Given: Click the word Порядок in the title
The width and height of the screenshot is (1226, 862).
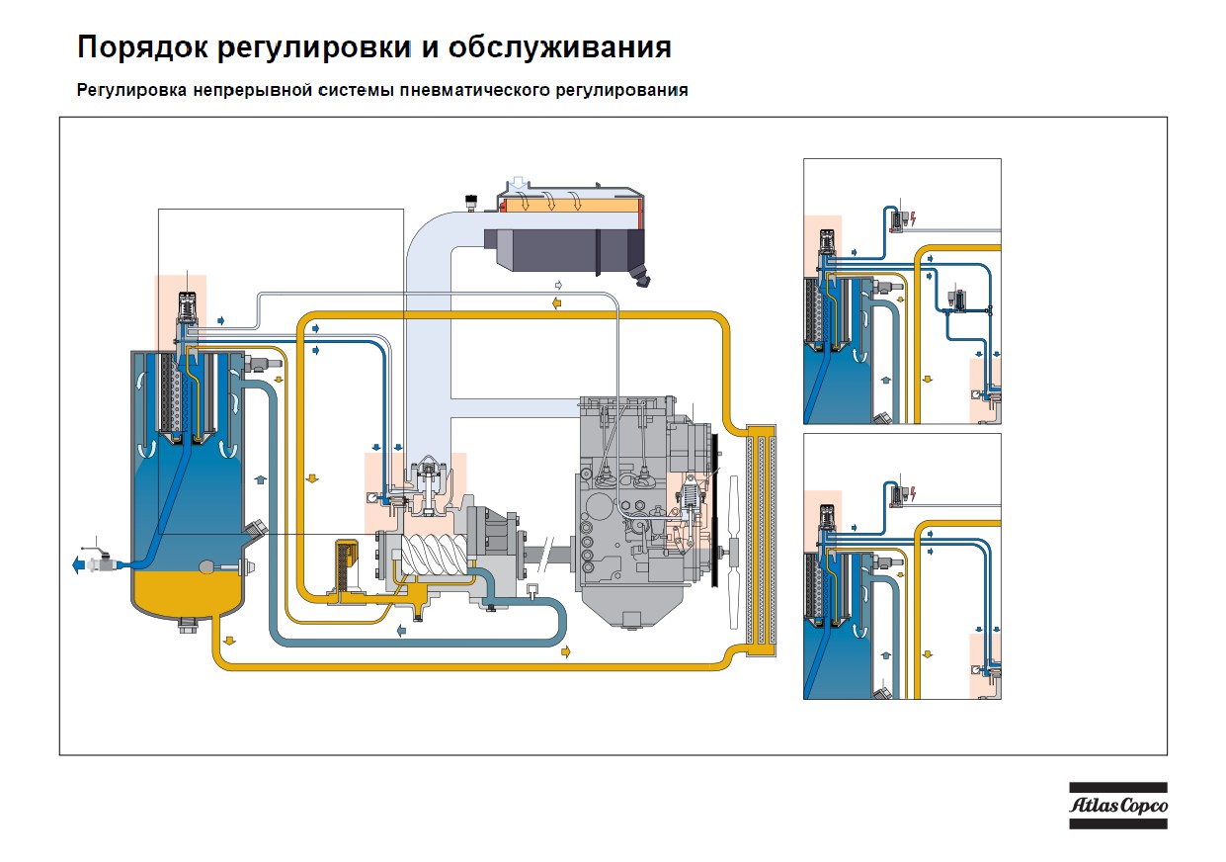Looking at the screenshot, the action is click(x=142, y=47).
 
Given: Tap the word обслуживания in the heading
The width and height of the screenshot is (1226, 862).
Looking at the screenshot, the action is click(x=560, y=47).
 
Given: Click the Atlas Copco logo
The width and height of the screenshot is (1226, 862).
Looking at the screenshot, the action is click(x=1118, y=806).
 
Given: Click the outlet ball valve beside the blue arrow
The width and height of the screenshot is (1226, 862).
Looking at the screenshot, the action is click(x=101, y=563).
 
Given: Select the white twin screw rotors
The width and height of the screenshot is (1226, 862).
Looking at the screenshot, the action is click(x=435, y=555).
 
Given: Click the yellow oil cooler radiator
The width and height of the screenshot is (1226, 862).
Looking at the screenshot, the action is click(x=762, y=541).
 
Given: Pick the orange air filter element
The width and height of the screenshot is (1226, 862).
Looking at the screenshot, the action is click(x=571, y=206).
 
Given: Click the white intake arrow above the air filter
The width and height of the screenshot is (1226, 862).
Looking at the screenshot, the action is click(x=520, y=184).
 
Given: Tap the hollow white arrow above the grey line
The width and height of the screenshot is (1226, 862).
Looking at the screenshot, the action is click(x=559, y=286).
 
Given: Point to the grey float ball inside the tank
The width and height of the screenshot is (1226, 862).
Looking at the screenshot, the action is click(x=208, y=566).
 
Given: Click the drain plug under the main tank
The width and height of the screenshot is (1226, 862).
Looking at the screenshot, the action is click(x=189, y=625).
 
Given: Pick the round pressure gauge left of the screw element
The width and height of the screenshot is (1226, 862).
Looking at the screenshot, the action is click(x=372, y=498).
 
